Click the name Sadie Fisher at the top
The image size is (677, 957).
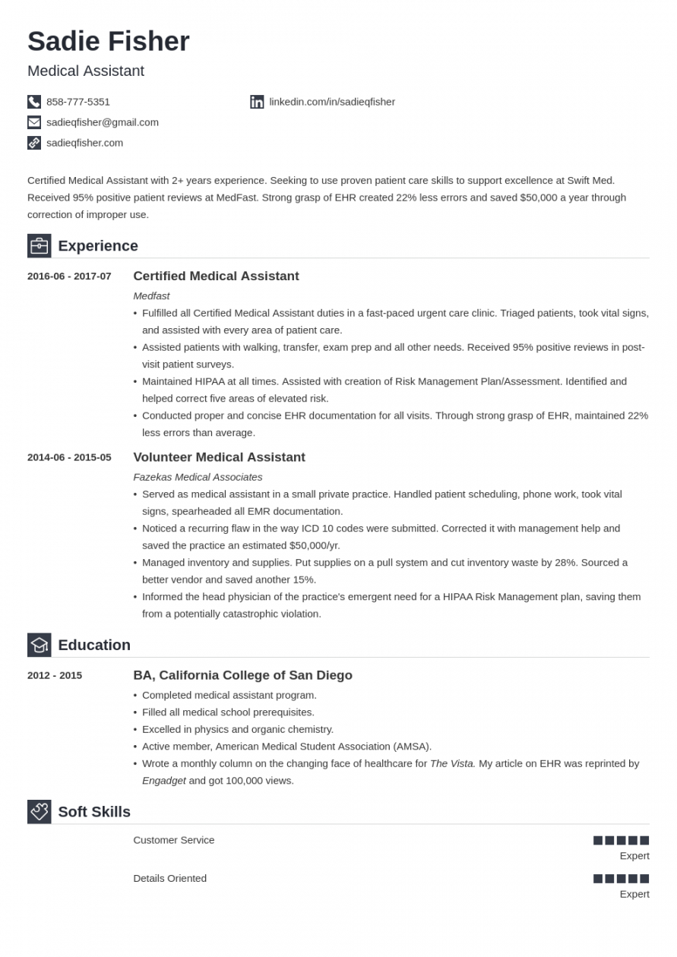pyautogui.click(x=108, y=41)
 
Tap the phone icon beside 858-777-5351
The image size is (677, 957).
pyautogui.click(x=34, y=102)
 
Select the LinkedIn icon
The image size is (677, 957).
pyautogui.click(x=257, y=102)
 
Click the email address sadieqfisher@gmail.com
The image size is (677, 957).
pyautogui.click(x=103, y=122)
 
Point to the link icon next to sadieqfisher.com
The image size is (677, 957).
pyautogui.click(x=34, y=143)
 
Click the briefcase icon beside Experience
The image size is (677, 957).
pyautogui.click(x=40, y=246)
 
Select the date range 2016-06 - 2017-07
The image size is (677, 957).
pyautogui.click(x=69, y=276)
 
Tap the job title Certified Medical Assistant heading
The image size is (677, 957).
pyautogui.click(x=216, y=276)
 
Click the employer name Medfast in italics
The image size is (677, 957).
pyautogui.click(x=151, y=295)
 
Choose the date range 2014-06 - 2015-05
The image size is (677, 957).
pyautogui.click(x=69, y=457)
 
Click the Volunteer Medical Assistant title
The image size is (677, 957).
pyautogui.click(x=219, y=457)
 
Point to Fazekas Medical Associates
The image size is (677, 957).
pyautogui.click(x=198, y=477)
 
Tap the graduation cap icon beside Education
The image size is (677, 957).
pyautogui.click(x=40, y=645)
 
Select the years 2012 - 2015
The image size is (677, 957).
pyautogui.click(x=55, y=675)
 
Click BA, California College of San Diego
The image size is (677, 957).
pyautogui.click(x=242, y=675)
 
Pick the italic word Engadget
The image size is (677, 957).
pyautogui.click(x=164, y=780)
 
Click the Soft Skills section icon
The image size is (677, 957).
pyautogui.click(x=40, y=812)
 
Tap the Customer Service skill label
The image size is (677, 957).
pyautogui.click(x=174, y=840)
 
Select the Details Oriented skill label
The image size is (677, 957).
pyautogui.click(x=170, y=878)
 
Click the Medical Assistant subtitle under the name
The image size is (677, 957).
pyautogui.click(x=86, y=71)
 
